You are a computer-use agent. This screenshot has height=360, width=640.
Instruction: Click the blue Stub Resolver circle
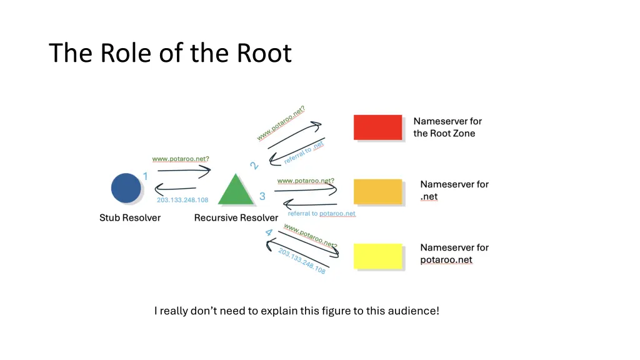pos(126,188)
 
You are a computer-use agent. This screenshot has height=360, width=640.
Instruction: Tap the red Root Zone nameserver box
pos(377,127)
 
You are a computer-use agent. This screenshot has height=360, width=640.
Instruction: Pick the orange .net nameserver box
pos(377,192)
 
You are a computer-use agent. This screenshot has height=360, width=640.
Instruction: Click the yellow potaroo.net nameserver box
pos(377,256)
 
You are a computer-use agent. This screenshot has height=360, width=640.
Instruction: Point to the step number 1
pos(146,176)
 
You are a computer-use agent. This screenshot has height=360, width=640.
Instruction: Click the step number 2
pos(254,166)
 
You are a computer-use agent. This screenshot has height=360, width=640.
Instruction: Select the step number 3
pos(262,196)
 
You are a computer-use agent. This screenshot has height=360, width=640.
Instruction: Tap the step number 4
pos(269,234)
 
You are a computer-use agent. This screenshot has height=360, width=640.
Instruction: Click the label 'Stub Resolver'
pos(130,218)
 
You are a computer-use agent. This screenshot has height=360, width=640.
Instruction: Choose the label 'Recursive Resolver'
pos(236,218)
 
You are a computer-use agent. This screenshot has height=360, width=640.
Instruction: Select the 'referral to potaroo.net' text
pos(321,214)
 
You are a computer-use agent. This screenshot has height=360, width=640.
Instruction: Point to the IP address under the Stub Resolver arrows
pos(182,200)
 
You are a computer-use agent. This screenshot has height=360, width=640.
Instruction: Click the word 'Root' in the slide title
pos(264,53)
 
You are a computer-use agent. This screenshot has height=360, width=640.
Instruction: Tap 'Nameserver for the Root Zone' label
pos(447,127)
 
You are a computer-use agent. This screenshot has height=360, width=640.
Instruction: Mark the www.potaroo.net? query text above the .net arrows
pos(306,181)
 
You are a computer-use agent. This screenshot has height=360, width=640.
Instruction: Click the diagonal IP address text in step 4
pos(302,261)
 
